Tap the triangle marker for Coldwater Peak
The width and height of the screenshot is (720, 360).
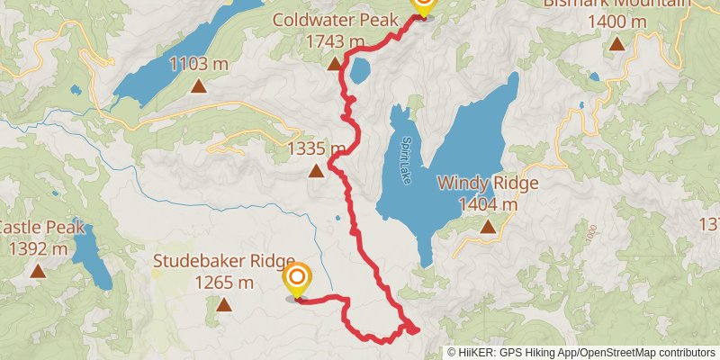click(x=334, y=63)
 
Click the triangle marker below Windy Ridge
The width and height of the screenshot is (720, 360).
click(x=488, y=226)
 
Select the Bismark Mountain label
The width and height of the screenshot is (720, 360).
click(x=616, y=3)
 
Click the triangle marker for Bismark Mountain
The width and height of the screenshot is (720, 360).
click(x=616, y=43)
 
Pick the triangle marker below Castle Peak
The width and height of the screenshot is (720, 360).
click(x=37, y=270)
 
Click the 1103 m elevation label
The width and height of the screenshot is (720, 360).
click(x=199, y=65)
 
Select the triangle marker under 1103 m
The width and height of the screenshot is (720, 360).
click(x=199, y=87)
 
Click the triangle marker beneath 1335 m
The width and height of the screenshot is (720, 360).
click(x=316, y=170)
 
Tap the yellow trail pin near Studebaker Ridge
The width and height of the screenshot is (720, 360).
click(x=295, y=280)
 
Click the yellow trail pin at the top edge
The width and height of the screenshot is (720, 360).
click(x=422, y=5)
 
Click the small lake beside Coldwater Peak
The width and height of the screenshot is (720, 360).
click(x=360, y=70)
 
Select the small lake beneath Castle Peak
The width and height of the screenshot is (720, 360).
click(x=90, y=256)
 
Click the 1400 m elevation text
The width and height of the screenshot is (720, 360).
click(x=616, y=21)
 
